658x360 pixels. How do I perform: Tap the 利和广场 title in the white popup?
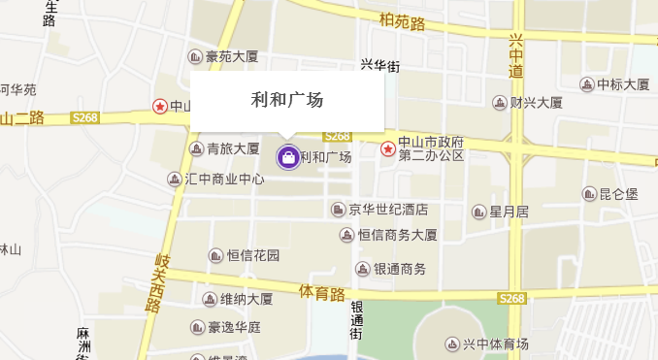(287, 99)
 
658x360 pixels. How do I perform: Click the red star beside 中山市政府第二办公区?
(388, 148)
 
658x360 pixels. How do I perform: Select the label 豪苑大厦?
(231, 57)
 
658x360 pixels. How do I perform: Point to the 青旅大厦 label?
(233, 148)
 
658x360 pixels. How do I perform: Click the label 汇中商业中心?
(225, 180)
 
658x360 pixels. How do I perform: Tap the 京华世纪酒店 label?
(388, 210)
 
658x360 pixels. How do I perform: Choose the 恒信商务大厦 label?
(397, 235)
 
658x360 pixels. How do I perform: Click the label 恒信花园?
(253, 256)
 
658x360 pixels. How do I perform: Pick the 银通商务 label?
(400, 269)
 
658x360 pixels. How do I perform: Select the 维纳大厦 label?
(246, 299)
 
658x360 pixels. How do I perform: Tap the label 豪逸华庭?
(234, 327)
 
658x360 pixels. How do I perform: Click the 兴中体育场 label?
(495, 344)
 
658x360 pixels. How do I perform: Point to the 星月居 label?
(509, 212)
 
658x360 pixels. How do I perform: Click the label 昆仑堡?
(618, 194)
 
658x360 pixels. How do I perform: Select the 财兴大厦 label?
(536, 102)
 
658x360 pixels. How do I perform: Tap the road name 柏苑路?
(403, 22)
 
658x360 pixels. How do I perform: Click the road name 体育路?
(322, 292)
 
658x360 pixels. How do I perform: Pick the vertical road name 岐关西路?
(156, 282)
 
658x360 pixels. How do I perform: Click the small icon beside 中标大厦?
(586, 84)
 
